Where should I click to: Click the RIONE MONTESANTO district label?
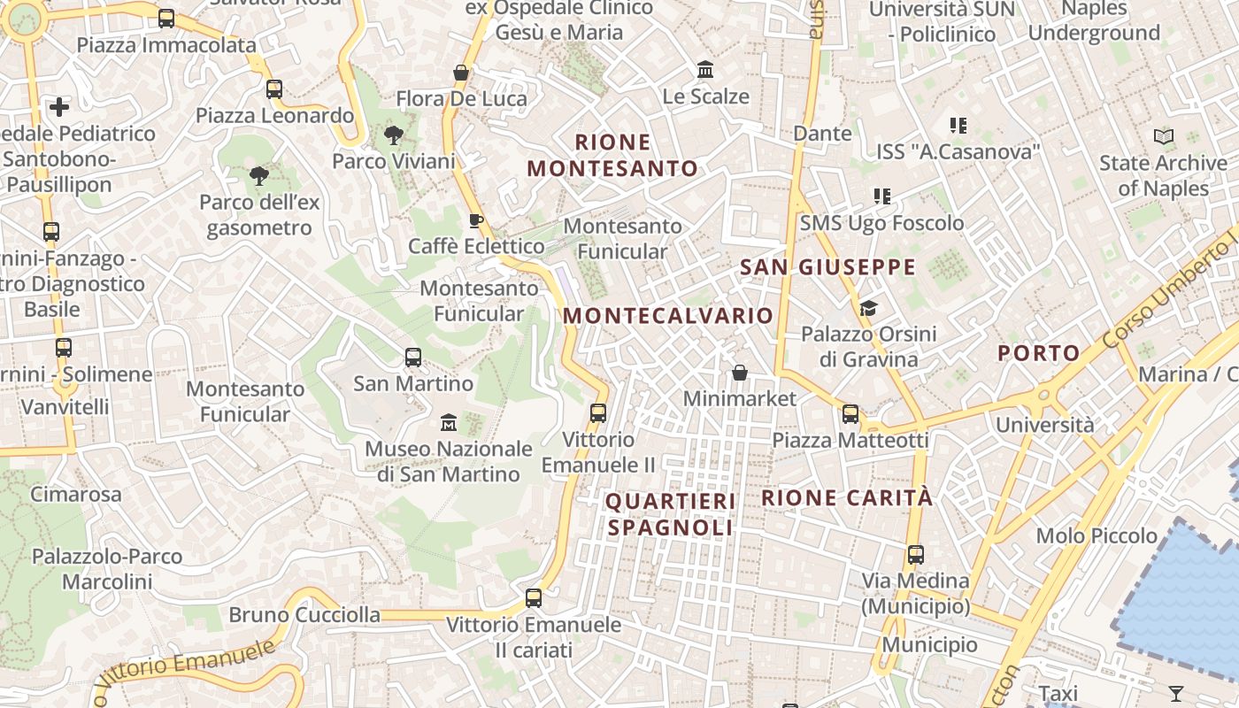coord(612,155)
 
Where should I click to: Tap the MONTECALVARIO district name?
coord(668,316)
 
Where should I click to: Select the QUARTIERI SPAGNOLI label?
coord(671,514)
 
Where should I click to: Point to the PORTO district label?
coord(1039,353)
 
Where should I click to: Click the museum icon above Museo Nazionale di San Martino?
coord(449,422)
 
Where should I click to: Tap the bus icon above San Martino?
coord(413,358)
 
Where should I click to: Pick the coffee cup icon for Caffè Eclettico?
coord(476,220)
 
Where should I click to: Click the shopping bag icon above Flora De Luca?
coord(460,72)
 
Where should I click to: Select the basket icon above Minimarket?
coord(740,373)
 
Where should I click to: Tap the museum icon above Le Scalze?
coord(705,69)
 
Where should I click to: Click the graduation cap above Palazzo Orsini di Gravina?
coord(868,308)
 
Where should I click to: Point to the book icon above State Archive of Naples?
coord(1164,137)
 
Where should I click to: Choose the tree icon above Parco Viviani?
coord(393,135)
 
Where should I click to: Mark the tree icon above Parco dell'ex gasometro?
coord(258,176)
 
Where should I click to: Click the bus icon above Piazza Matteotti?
coord(850,413)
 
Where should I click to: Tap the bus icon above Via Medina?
coord(915,555)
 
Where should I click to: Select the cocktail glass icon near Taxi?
coord(1176,693)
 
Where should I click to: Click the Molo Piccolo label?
coord(1097,535)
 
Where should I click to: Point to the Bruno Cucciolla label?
coord(304,614)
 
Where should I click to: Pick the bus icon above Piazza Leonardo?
coord(274,88)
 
